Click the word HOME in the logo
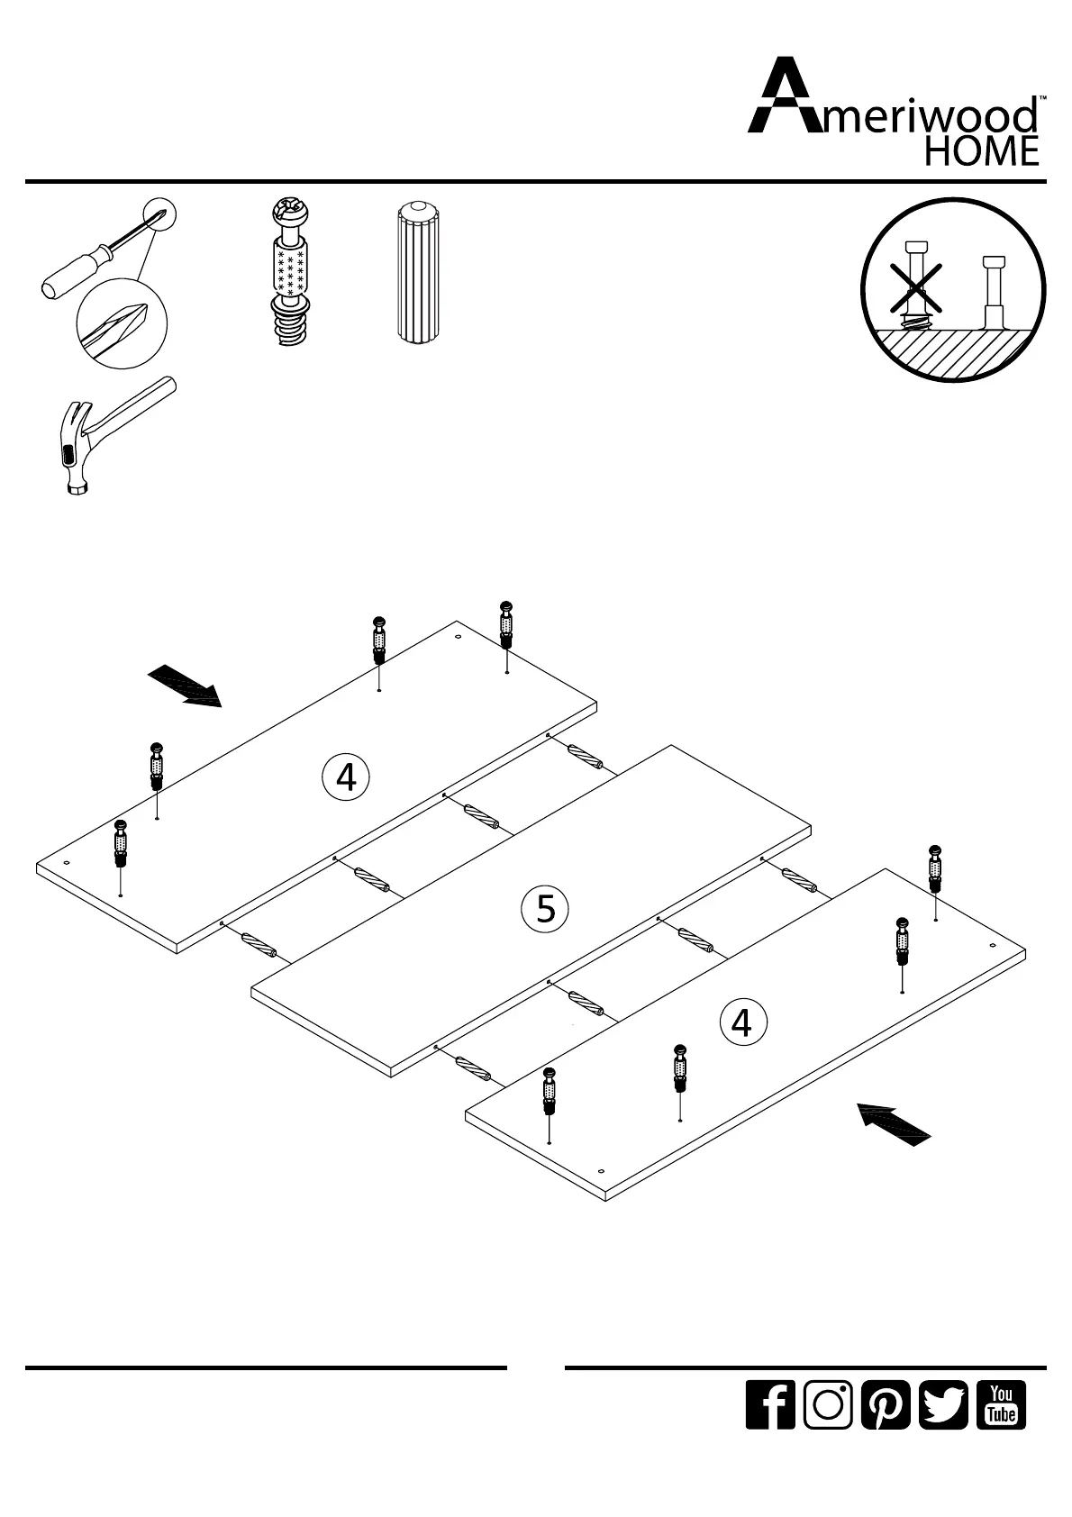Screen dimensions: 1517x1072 982,151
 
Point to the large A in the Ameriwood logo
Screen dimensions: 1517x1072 783,97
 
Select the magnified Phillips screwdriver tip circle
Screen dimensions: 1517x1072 123,321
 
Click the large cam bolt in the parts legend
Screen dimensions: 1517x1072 290,273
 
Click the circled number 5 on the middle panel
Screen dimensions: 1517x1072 545,908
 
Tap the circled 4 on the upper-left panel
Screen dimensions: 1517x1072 345,777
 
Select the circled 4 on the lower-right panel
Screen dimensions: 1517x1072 741,1022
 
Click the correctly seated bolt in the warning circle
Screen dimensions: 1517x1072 993,294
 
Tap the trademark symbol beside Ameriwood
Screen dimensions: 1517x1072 1042,97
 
